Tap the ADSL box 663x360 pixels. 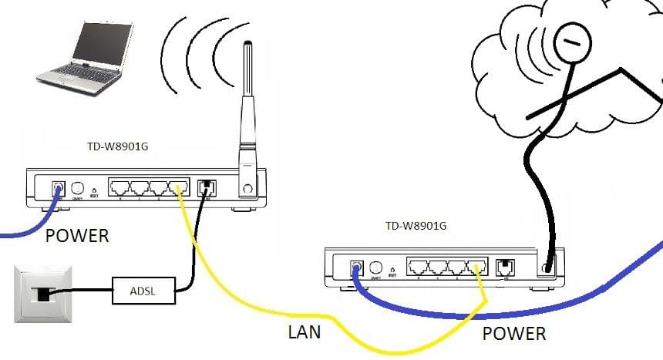click(x=143, y=290)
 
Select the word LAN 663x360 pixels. click(x=304, y=332)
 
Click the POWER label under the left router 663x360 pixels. click(x=77, y=235)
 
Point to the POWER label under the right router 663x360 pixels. click(x=514, y=334)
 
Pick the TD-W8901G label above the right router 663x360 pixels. click(x=416, y=226)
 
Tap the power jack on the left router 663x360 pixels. click(x=57, y=188)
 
